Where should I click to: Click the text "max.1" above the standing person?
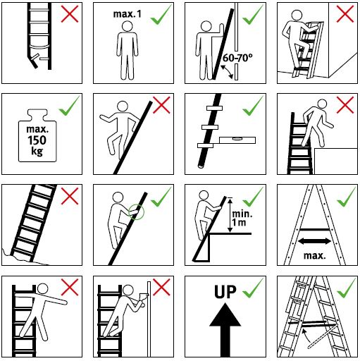[x=128, y=14]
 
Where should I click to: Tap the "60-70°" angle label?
[x=237, y=58]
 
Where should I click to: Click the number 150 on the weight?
[x=37, y=140]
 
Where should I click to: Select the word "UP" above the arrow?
[x=225, y=292]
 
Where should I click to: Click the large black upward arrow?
[x=225, y=329]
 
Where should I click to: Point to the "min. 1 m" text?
[x=242, y=218]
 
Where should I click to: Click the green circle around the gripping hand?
[x=136, y=212]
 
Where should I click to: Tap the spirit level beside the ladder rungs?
[x=237, y=140]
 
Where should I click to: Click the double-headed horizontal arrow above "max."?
[x=314, y=241]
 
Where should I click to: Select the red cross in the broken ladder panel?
[x=70, y=14]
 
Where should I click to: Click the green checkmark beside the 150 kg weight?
[x=69, y=106]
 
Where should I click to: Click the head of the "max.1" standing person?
[x=127, y=26]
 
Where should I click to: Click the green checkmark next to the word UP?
[x=253, y=288]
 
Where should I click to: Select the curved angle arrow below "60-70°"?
[x=227, y=72]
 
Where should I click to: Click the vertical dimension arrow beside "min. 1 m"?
[x=230, y=215]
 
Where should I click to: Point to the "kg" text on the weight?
[x=37, y=152]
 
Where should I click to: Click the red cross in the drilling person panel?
[x=161, y=287]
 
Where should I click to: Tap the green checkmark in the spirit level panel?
[x=253, y=106]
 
